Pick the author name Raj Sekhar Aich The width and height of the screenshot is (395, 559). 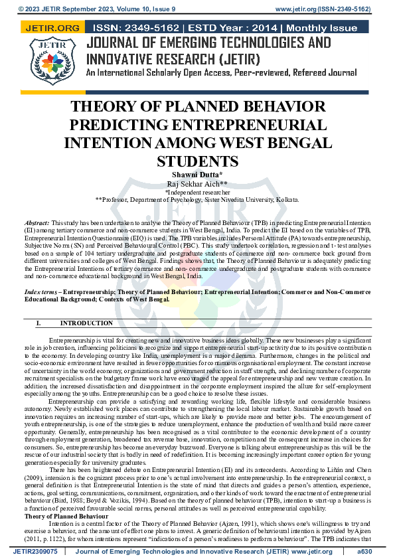click(x=197, y=183)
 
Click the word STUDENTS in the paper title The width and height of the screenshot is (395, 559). click(x=197, y=161)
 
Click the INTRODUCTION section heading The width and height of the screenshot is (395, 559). click(x=86, y=323)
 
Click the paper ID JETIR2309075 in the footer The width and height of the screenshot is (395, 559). click(x=35, y=551)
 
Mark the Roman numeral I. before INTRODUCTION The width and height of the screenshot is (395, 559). click(x=39, y=323)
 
